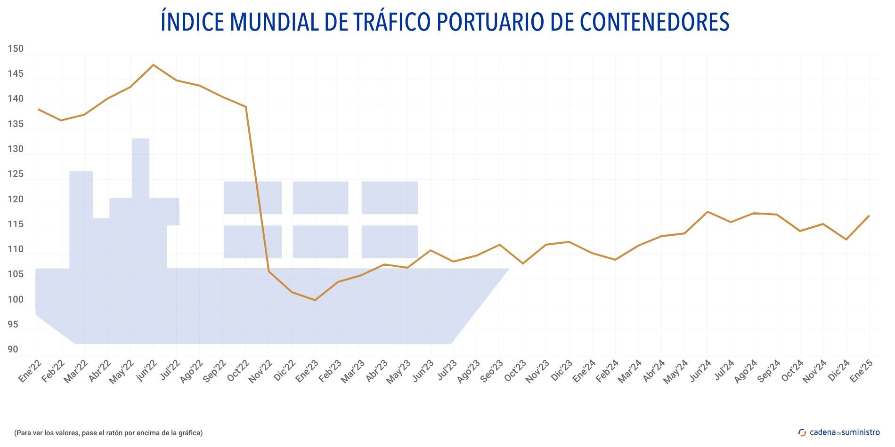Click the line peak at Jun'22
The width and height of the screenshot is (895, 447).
click(x=154, y=65)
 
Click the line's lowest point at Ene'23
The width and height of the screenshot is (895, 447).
click(x=315, y=300)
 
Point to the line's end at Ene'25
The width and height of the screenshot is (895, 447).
click(x=869, y=216)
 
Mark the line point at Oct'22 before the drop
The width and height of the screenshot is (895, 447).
click(x=245, y=107)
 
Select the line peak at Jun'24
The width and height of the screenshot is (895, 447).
click(x=708, y=212)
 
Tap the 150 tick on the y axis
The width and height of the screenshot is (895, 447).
click(x=15, y=49)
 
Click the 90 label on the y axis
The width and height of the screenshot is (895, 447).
click(x=13, y=350)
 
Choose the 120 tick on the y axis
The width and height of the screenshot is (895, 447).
click(x=15, y=200)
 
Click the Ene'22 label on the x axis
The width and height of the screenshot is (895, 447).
click(x=30, y=372)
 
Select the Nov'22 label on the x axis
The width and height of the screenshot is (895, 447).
click(x=260, y=372)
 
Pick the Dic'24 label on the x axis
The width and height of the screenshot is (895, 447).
click(x=838, y=372)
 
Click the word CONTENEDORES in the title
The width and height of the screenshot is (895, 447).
click(x=654, y=22)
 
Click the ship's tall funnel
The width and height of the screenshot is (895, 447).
click(x=140, y=167)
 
